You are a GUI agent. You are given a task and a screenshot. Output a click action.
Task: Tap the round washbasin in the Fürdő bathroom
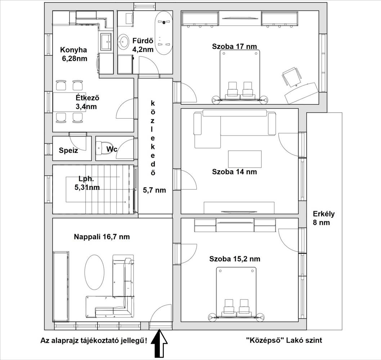[124, 41]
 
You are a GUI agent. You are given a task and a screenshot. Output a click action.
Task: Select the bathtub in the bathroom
[163, 34]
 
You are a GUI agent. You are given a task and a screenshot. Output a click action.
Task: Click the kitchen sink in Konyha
[106, 41]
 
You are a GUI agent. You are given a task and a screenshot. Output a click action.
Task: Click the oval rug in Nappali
[94, 272]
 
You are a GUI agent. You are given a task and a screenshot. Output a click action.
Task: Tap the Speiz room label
[68, 150]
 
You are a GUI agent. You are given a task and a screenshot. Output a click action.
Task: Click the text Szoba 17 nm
[234, 46]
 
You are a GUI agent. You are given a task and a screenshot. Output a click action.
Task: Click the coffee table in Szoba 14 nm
[245, 159]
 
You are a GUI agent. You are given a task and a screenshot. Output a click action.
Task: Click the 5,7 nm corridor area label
[154, 190]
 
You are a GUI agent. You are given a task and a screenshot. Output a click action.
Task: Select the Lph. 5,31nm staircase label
[87, 183]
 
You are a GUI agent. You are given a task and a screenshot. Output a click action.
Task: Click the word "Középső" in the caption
[264, 340]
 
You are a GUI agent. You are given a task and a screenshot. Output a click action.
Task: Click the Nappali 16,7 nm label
[102, 237]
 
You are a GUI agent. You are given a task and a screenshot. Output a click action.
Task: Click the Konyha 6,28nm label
[73, 54]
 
